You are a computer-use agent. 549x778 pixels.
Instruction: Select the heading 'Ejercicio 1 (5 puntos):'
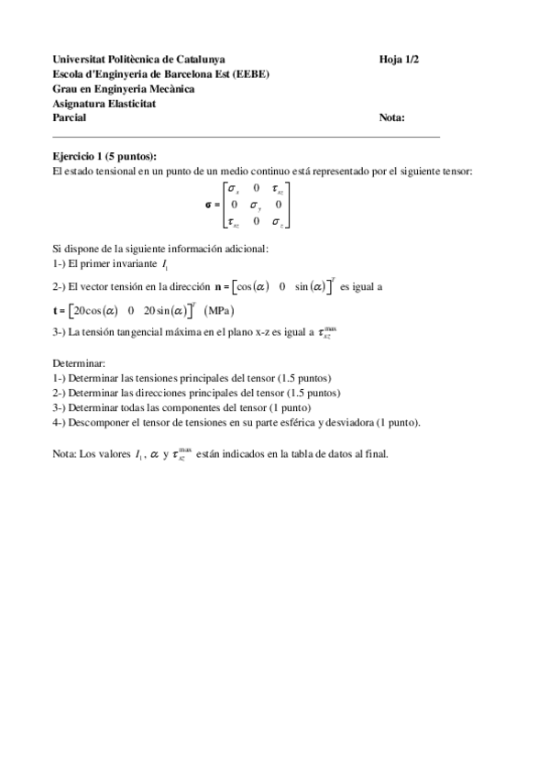tap(104, 156)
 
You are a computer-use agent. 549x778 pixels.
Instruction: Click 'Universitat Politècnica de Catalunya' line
tap(139, 59)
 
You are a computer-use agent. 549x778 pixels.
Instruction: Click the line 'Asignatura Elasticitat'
tap(104, 103)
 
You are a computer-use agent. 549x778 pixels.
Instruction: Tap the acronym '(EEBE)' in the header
tap(252, 73)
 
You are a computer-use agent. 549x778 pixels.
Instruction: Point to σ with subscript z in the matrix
tap(278, 221)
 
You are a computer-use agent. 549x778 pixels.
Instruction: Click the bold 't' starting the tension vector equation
tap(56, 309)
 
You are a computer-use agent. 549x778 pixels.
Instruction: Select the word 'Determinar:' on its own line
tap(79, 362)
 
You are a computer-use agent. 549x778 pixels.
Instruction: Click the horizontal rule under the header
tap(247, 136)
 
